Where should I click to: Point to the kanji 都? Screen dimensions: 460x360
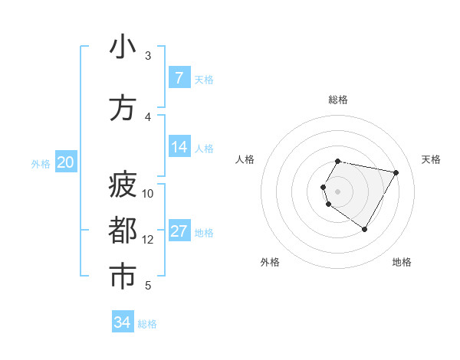pyautogui.click(x=123, y=231)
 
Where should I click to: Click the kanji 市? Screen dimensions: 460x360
pyautogui.click(x=123, y=276)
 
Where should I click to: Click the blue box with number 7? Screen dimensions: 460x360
pyautogui.click(x=179, y=78)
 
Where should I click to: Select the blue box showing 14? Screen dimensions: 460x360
pyautogui.click(x=179, y=147)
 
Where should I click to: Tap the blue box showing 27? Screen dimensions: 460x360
pyautogui.click(x=179, y=231)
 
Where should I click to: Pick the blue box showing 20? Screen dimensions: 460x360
pyautogui.click(x=66, y=162)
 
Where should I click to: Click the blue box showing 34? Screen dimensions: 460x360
pyautogui.click(x=123, y=322)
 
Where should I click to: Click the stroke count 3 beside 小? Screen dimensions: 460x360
pyautogui.click(x=148, y=56)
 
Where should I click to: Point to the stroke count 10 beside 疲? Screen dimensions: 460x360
pyautogui.click(x=148, y=193)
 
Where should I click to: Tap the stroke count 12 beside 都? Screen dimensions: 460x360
pyautogui.click(x=148, y=240)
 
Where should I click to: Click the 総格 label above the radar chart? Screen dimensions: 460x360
pyautogui.click(x=338, y=100)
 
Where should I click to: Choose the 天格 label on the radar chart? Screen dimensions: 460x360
pyautogui.click(x=432, y=159)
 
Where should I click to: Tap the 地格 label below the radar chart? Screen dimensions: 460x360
pyautogui.click(x=402, y=262)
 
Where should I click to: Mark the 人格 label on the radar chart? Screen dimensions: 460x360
pyautogui.click(x=245, y=159)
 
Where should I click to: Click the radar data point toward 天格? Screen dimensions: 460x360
pyautogui.click(x=396, y=173)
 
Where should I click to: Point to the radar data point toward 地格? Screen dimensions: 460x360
pyautogui.click(x=364, y=229)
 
